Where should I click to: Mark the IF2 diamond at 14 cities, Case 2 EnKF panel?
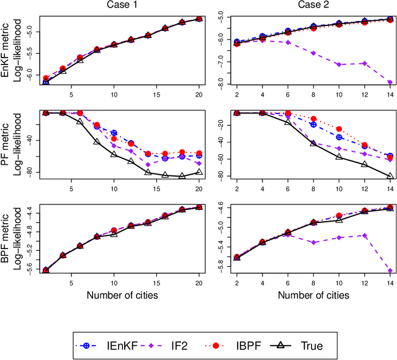390,82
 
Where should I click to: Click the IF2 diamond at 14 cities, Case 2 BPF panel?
390,271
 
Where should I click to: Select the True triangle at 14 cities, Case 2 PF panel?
390,177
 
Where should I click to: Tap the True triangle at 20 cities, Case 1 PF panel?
198,172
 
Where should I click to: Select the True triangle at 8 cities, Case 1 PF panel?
97,142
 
